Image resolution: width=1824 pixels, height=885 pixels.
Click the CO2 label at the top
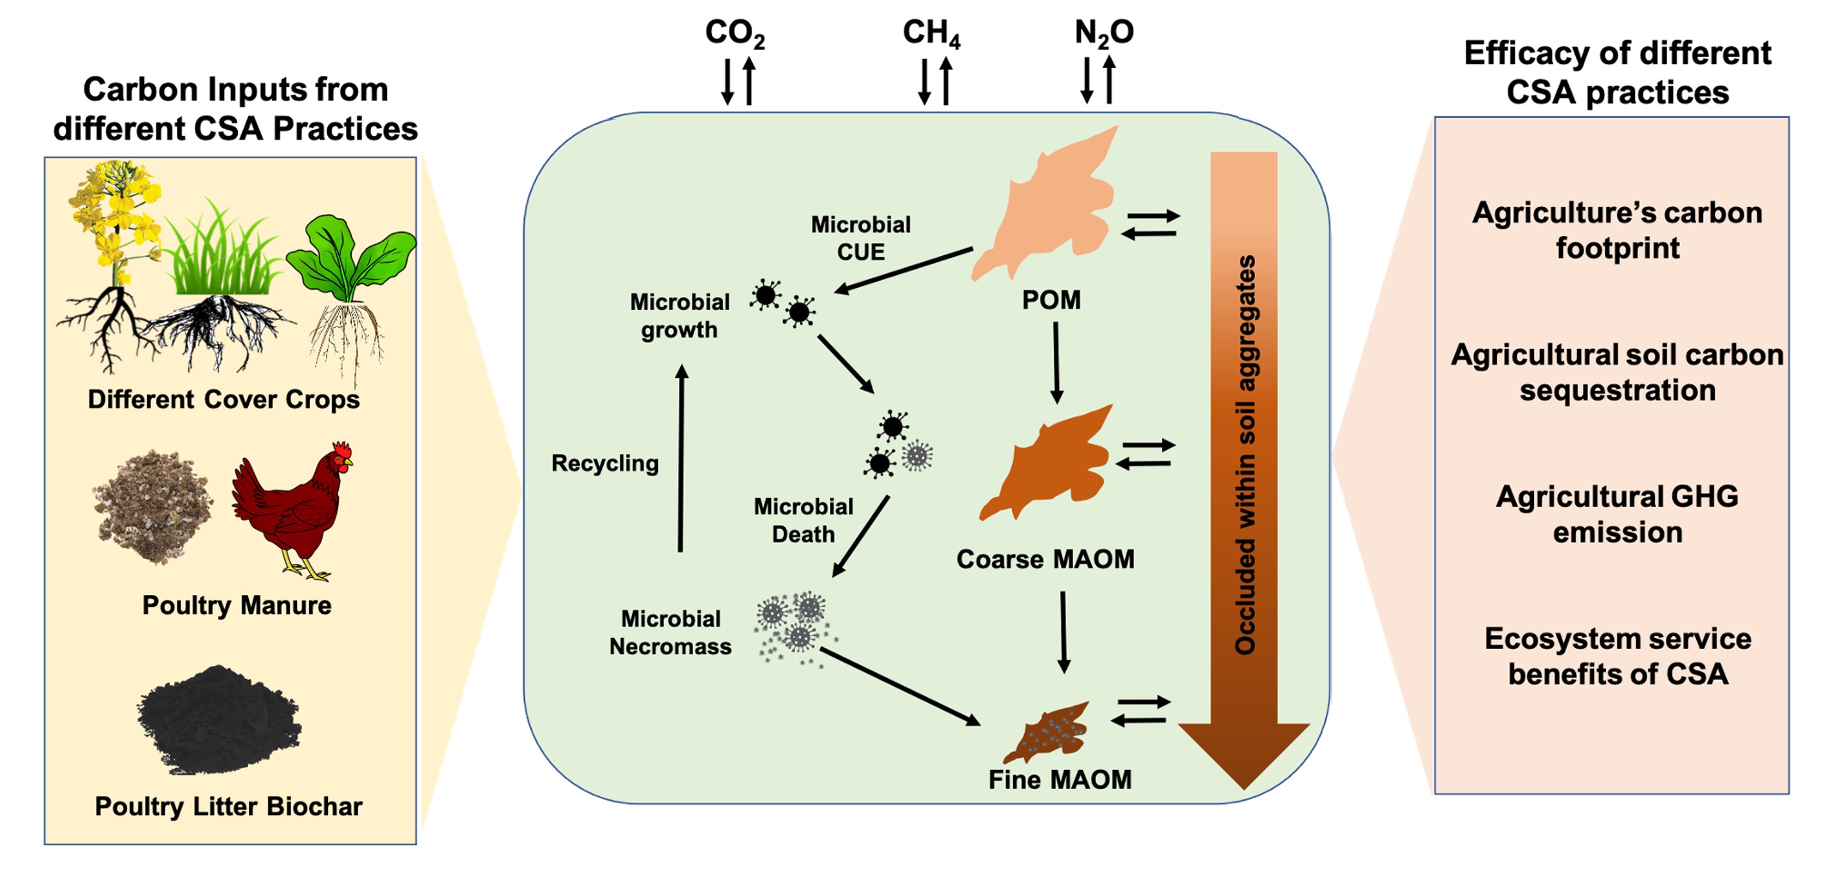734,33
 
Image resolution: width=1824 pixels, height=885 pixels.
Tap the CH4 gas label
930,33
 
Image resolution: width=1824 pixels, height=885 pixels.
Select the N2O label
1103,33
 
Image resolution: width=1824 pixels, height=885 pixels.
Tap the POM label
1051,300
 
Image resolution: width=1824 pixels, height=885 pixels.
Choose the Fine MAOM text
1060,780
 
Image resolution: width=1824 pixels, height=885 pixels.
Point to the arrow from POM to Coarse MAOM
1056,362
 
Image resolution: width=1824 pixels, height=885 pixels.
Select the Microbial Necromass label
670,633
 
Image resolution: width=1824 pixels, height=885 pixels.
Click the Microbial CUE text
860,238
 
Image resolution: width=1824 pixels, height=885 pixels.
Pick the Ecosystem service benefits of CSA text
1617,656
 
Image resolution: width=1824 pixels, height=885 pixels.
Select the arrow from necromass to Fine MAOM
899,687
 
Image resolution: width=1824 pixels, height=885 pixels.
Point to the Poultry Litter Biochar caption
228,807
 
